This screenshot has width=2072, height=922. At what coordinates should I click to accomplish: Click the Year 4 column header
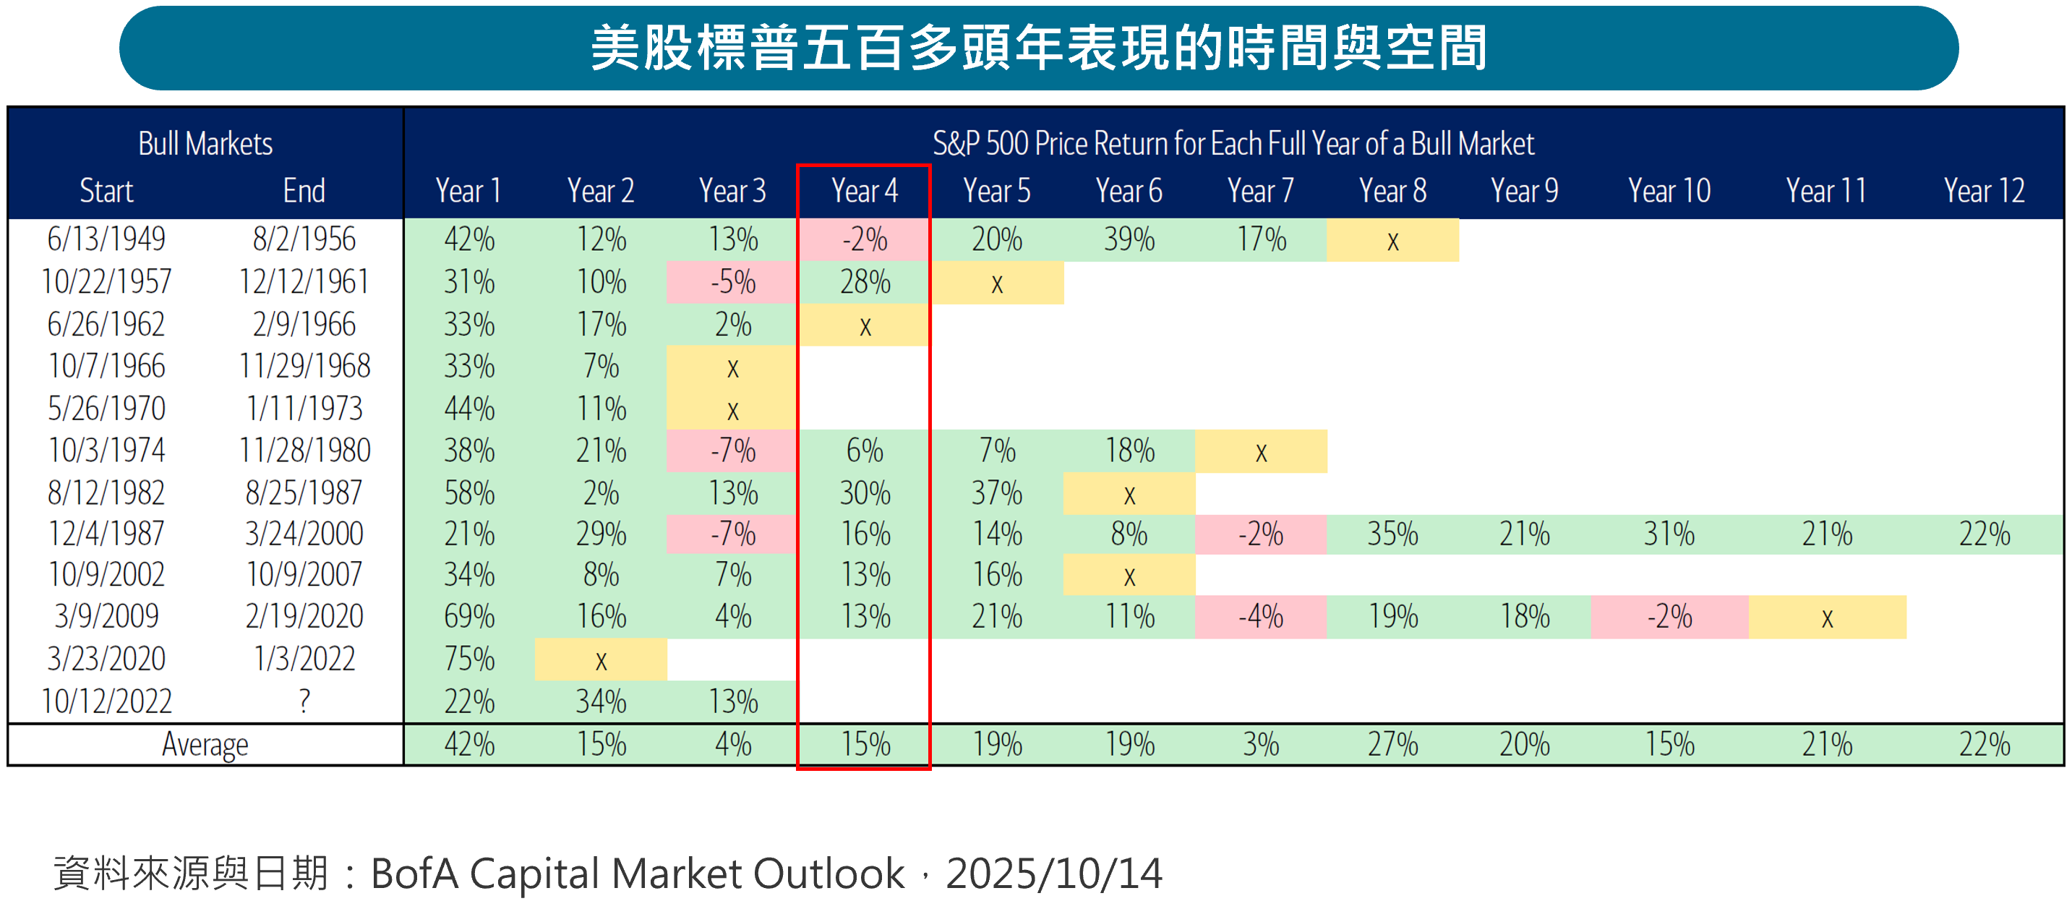(x=864, y=192)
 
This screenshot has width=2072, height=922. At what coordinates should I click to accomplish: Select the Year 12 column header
(x=1984, y=192)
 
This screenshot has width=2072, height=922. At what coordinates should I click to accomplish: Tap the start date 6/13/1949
(x=106, y=239)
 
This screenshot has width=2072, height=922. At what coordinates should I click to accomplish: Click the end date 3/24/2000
(x=304, y=534)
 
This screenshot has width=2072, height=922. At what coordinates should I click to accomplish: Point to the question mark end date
(x=304, y=701)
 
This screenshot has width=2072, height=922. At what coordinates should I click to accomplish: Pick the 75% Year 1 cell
(x=469, y=659)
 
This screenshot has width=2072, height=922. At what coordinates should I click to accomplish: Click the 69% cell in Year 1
(x=469, y=616)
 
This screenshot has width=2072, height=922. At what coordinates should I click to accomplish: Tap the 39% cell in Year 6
(x=1129, y=239)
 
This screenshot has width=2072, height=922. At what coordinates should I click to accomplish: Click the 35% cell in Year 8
(x=1392, y=534)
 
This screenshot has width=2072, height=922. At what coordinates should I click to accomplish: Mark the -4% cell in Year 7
(x=1260, y=617)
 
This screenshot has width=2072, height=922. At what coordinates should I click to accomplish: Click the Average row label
(x=205, y=744)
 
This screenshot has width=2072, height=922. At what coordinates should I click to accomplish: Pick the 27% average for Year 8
(x=1392, y=744)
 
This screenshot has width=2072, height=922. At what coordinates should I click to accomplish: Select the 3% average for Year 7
(x=1260, y=744)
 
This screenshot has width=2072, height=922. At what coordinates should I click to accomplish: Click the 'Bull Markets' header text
(x=205, y=144)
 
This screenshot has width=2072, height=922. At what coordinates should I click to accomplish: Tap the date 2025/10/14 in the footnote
(x=1053, y=874)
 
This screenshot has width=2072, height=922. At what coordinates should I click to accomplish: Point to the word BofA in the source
(x=414, y=874)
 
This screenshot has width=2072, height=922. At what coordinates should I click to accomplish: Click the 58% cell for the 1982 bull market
(x=469, y=492)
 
